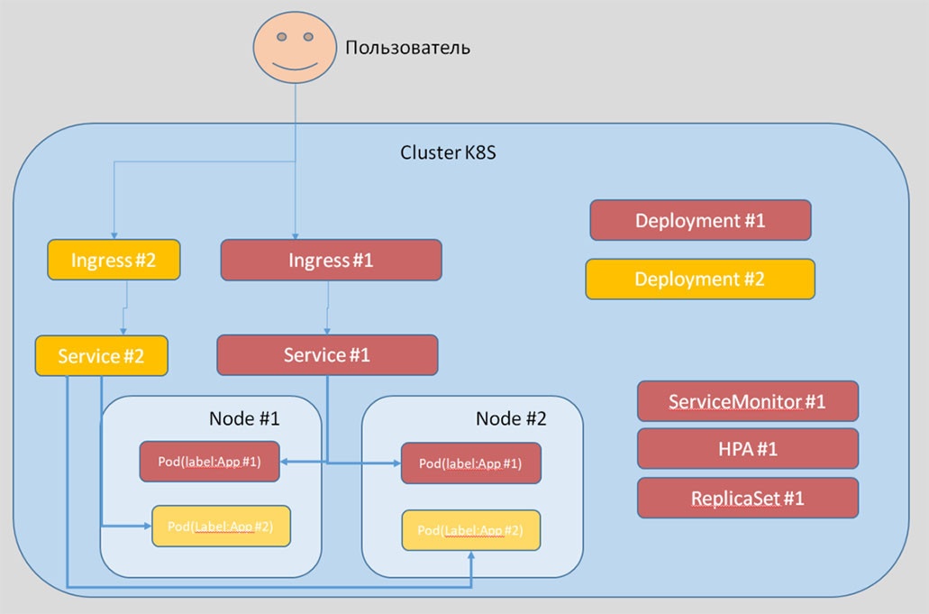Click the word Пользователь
coord(407,47)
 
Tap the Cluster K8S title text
coord(448,152)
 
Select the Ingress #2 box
coord(114,261)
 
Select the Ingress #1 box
coord(331,261)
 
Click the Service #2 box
coord(101,355)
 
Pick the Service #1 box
coord(327,355)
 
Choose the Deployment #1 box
coord(700,220)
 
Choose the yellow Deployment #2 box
coord(699,280)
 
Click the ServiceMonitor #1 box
coord(747,401)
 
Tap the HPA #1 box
coord(747,449)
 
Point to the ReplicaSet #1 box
coord(747,498)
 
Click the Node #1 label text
coord(244,418)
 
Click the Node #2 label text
coord(511,418)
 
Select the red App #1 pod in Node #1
coord(209,462)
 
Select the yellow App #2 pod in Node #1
coord(222,527)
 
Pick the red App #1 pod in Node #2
coord(470,463)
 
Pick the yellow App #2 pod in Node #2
coord(470,529)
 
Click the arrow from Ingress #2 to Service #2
coord(125,307)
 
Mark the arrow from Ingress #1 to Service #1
coord(327,307)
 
